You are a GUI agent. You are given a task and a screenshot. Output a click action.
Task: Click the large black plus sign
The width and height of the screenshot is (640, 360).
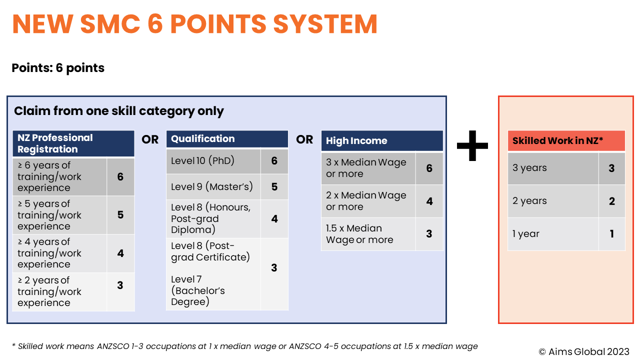[x=472, y=145]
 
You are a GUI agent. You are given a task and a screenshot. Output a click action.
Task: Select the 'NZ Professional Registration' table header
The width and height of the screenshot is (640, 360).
[x=73, y=143]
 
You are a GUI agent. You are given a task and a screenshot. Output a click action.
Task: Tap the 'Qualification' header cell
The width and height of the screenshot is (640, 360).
[x=227, y=139]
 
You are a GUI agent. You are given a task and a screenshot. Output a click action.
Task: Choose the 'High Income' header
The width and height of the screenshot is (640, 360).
[x=382, y=141]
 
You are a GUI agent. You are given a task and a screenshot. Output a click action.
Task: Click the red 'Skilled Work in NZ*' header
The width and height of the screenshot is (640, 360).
[x=566, y=141]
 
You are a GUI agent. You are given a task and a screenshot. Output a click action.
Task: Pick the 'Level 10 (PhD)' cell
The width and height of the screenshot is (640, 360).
[x=213, y=161]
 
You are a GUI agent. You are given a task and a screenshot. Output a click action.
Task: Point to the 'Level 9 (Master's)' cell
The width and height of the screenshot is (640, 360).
[x=213, y=187]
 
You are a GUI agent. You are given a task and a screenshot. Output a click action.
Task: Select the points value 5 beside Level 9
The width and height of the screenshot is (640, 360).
[x=274, y=187]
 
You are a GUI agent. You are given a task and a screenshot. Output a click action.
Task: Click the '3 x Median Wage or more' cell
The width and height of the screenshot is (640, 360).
[x=368, y=168]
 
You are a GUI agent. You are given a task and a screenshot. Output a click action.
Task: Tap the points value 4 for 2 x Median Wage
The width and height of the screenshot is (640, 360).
[x=429, y=201]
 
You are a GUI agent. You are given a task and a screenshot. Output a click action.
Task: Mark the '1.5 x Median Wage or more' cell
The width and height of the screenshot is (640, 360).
[x=368, y=234]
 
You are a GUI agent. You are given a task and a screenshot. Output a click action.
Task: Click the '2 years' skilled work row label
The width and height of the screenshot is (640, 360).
[x=552, y=201]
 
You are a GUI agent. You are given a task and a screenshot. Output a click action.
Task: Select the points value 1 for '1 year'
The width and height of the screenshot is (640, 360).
[x=611, y=234]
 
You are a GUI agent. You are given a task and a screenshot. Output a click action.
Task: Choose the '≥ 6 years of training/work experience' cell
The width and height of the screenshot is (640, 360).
[x=59, y=176]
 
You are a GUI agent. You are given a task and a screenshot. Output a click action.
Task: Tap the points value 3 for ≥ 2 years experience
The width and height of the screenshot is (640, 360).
[x=120, y=285]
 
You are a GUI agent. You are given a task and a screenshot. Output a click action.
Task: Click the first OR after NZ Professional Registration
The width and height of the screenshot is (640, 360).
[x=150, y=139]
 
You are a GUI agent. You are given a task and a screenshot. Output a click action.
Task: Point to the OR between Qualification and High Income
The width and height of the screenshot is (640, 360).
[x=304, y=139]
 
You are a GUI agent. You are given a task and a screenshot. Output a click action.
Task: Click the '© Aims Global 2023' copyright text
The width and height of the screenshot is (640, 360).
[x=583, y=351]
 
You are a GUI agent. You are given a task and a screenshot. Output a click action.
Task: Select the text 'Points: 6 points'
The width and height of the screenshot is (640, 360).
[x=58, y=68]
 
